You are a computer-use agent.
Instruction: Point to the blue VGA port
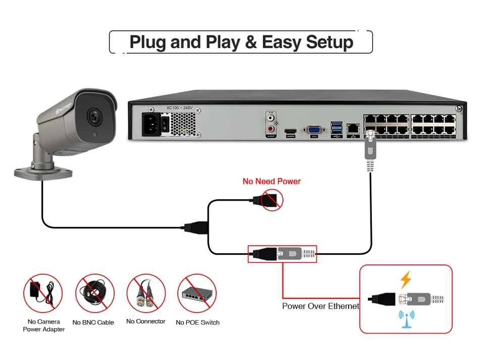pyautogui.click(x=314, y=130)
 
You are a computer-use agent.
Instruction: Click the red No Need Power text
pyautogui.click(x=271, y=181)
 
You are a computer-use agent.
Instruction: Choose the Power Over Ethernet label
pyautogui.click(x=320, y=306)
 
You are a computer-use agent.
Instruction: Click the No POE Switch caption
pyautogui.click(x=198, y=322)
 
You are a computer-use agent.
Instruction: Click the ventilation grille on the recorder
pyautogui.click(x=183, y=122)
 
